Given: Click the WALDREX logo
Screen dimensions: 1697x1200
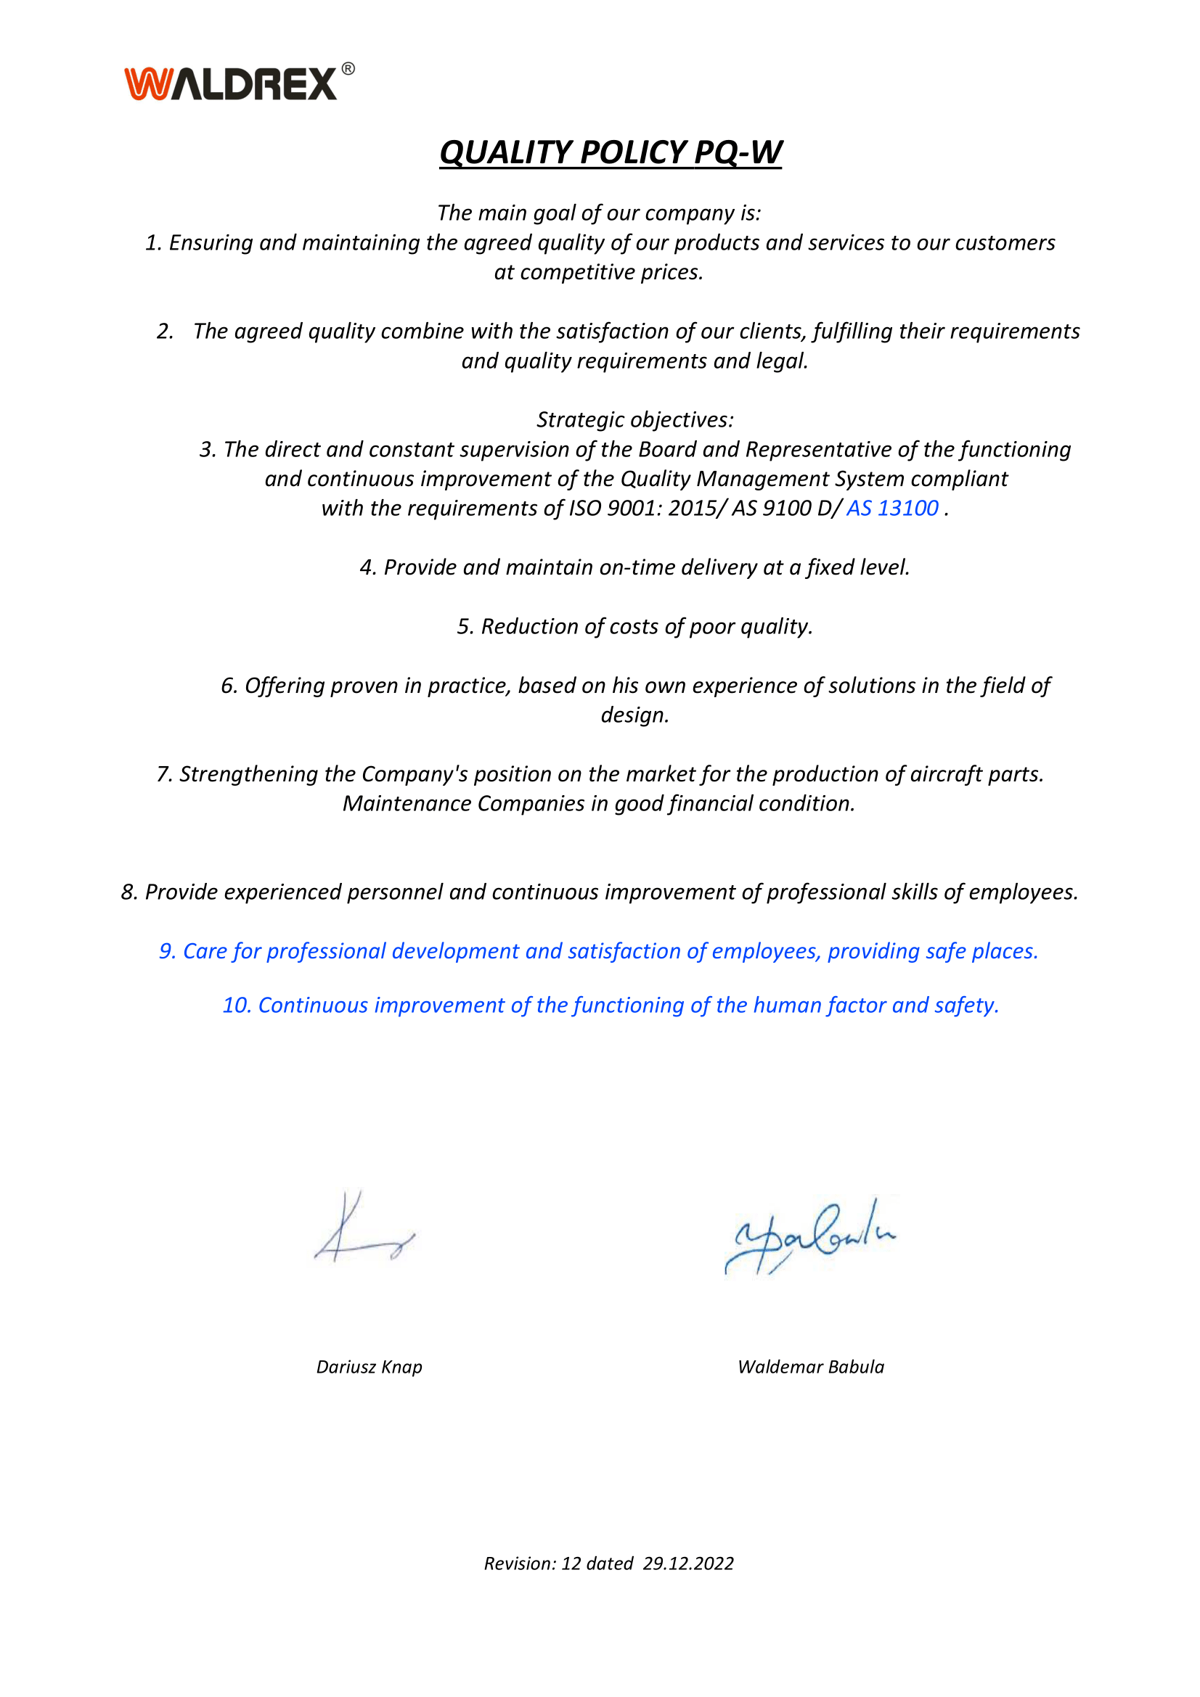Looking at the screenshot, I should (231, 83).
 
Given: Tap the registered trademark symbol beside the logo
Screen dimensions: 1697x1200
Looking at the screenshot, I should (348, 70).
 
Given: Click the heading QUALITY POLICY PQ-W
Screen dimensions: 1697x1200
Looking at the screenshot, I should (610, 152).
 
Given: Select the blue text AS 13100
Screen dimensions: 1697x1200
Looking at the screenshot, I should (892, 509).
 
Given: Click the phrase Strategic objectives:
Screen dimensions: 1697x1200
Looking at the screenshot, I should (635, 420).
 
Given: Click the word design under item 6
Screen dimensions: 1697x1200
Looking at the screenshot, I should (634, 715).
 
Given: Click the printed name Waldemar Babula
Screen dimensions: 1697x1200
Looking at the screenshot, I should (810, 1367).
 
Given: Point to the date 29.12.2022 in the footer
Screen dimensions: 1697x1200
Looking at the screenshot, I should (687, 1564).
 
